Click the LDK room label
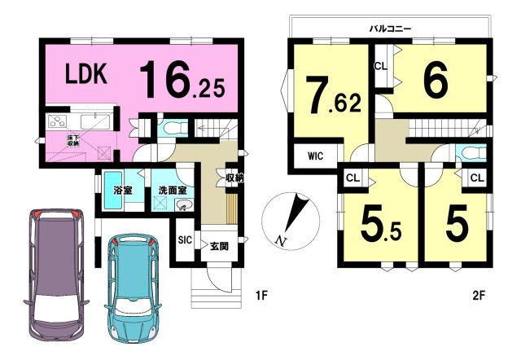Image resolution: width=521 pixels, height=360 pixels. point(86,73)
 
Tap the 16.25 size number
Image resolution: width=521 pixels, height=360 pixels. point(182,79)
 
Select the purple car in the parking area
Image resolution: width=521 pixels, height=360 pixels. point(56,274)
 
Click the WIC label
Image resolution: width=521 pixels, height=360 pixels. point(315,156)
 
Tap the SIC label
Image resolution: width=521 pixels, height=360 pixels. point(185,239)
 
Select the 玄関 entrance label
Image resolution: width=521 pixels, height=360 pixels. point(219,246)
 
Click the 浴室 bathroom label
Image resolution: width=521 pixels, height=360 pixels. point(123,191)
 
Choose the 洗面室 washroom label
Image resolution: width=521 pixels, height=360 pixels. point(173,191)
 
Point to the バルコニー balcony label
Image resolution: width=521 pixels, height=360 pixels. point(391,29)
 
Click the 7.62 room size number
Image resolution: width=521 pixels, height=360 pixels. point(333,95)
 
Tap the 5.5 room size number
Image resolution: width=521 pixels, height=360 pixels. point(381,222)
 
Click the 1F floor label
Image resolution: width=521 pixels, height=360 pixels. point(262,295)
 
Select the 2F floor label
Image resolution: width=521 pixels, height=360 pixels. point(479,295)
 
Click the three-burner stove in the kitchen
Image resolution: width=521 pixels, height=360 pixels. point(58,121)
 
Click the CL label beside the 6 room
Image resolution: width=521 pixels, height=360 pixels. point(381,66)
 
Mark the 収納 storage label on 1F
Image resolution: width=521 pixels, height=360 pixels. point(234,178)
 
